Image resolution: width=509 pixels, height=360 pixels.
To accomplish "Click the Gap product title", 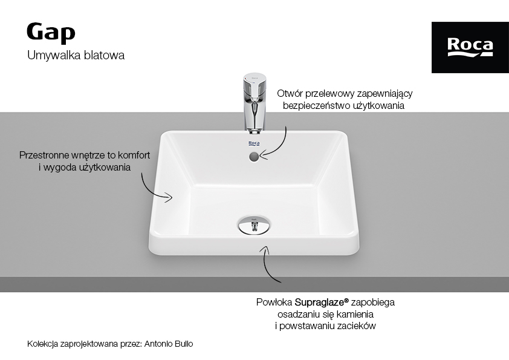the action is pos(51,33).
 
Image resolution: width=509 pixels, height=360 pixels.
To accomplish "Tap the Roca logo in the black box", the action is pos(470,47).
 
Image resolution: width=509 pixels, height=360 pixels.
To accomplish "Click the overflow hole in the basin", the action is pos(254,157).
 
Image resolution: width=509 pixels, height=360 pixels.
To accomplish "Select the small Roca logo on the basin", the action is pos(254,143).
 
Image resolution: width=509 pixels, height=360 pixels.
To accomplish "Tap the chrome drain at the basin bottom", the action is pos(254,224).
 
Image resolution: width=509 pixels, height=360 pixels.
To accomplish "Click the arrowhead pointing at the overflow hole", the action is pos(263,155).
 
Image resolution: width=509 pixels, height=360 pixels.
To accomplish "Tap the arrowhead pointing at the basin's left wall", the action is pos(168,197).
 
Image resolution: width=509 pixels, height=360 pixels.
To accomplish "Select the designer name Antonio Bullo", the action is pos(169,344).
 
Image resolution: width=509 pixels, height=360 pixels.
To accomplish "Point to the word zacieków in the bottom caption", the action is pos(356,326).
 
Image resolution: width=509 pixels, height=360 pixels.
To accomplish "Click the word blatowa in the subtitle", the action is pos(104,55).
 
